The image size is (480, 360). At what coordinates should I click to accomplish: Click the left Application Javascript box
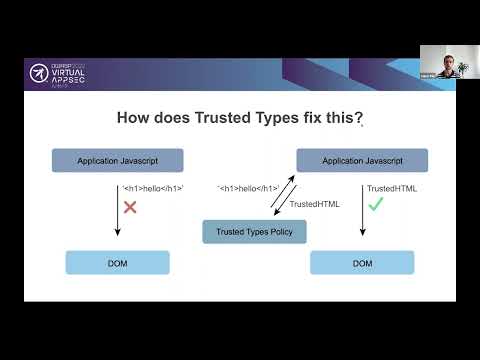click(118, 160)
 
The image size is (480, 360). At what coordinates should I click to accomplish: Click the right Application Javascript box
click(362, 160)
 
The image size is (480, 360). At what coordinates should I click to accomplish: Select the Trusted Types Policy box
click(254, 232)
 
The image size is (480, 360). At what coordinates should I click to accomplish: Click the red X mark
click(129, 207)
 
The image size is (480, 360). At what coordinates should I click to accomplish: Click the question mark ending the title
click(359, 118)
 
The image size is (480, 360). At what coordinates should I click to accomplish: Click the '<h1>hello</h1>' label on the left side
click(152, 188)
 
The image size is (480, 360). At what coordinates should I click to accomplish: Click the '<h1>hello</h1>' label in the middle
click(248, 188)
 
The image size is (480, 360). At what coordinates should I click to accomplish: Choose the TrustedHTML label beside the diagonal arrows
click(314, 204)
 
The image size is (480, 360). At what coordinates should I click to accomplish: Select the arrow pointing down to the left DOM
click(118, 210)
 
